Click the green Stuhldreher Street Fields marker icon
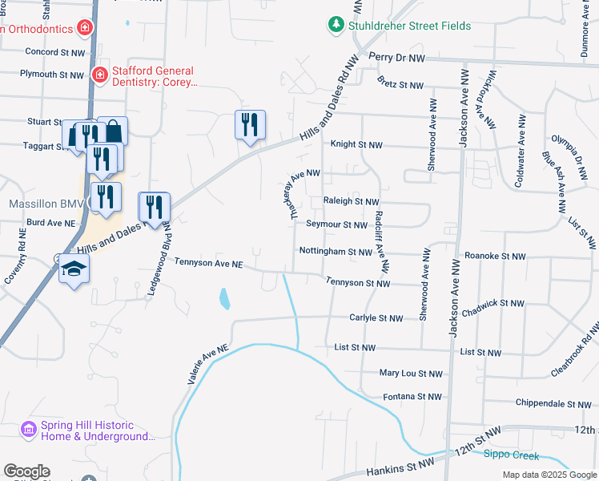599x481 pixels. (336, 26)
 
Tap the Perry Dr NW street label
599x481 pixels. (396, 59)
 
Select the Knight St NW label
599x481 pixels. (358, 145)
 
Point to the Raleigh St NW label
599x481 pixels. (351, 201)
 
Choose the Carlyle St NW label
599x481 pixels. (376, 318)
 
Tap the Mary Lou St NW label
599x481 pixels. (411, 374)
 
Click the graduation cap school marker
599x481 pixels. (74, 269)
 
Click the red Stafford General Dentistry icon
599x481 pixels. (100, 75)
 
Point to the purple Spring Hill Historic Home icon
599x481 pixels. (29, 430)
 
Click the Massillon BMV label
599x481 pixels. (41, 204)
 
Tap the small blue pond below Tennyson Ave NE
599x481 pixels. (225, 299)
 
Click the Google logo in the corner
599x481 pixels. (26, 471)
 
